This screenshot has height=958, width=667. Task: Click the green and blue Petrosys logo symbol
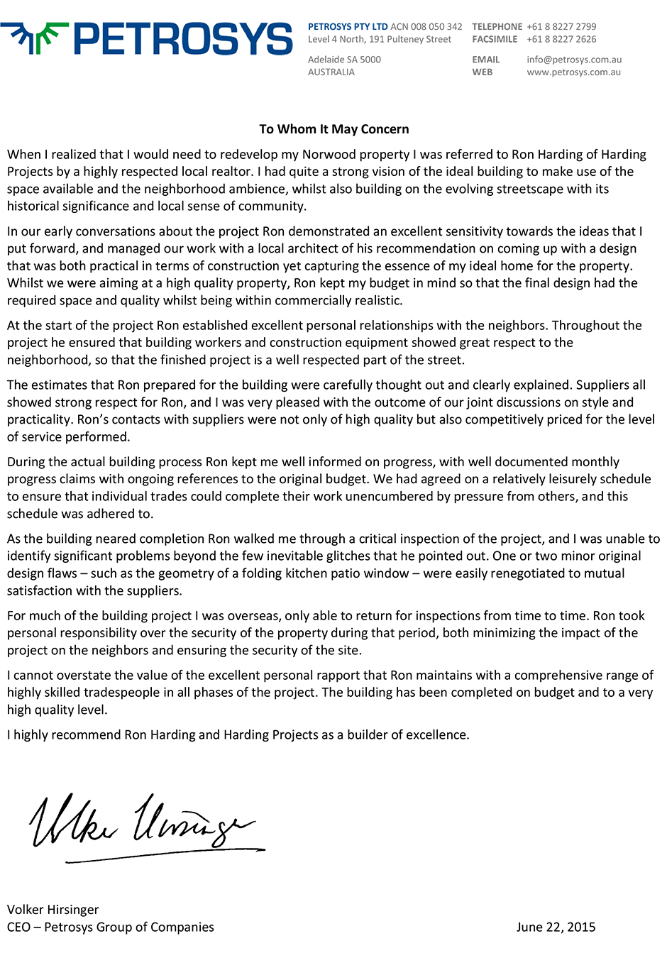click(x=33, y=38)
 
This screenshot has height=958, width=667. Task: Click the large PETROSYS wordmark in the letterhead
click(x=182, y=39)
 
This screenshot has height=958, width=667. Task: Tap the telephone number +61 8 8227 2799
click(x=561, y=27)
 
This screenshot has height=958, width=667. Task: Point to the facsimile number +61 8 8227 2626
click(x=561, y=40)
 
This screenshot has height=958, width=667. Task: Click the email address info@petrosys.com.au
click(x=574, y=60)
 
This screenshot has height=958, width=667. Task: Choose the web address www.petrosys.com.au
click(x=573, y=72)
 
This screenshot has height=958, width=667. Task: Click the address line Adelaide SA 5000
click(x=344, y=60)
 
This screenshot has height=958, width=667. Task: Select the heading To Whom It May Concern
click(x=333, y=129)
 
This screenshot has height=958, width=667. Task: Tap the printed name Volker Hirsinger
click(x=53, y=910)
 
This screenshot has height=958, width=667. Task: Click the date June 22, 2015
click(x=556, y=927)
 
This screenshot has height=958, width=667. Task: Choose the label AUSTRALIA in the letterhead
click(x=331, y=72)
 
